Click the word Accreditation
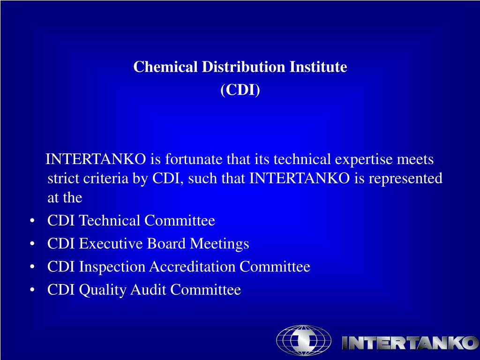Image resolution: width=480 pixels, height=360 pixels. pos(193,267)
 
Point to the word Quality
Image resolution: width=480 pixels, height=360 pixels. pos(102,291)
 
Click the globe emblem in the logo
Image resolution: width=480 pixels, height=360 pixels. pos(303,341)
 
